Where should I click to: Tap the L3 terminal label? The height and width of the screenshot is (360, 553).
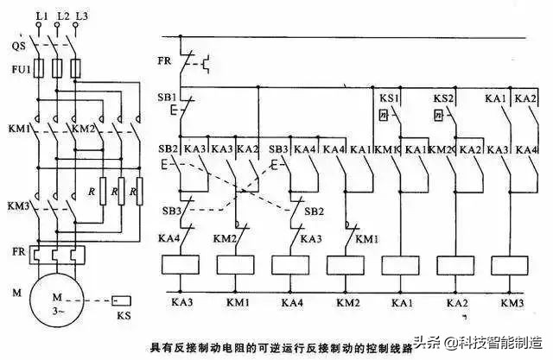(81, 15)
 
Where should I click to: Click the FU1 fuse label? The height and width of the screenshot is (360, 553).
(19, 67)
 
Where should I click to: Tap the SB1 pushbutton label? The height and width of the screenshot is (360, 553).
(166, 96)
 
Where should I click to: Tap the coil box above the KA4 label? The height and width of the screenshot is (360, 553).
(291, 265)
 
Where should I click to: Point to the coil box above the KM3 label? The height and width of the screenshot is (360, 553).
(512, 265)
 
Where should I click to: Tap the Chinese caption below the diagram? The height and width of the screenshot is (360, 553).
(264, 345)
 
